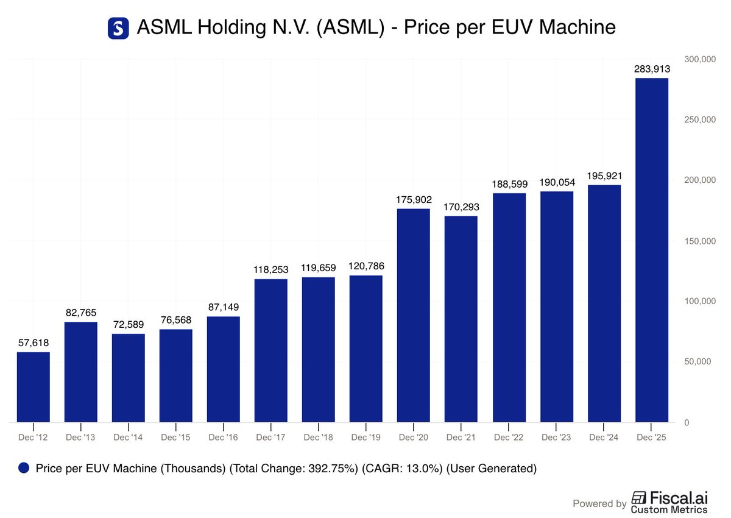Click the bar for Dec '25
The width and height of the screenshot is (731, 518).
click(652, 250)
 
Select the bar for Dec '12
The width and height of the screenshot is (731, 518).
click(34, 387)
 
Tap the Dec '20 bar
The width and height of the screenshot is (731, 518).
click(414, 315)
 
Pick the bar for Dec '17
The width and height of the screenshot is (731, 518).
click(271, 350)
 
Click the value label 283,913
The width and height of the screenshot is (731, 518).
click(652, 69)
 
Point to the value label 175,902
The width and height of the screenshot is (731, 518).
click(414, 199)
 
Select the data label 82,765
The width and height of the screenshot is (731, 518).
click(81, 313)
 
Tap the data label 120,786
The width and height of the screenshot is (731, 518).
click(366, 266)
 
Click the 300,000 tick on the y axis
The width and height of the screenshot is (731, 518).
click(700, 59)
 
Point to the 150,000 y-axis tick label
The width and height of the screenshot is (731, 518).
click(700, 241)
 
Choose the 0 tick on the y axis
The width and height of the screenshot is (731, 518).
click(687, 423)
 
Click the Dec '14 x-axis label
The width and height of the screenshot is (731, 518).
click(128, 438)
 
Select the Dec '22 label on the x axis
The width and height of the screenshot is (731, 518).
click(509, 438)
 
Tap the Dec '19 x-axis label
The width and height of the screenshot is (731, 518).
click(366, 438)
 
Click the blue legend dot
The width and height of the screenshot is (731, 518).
click(24, 468)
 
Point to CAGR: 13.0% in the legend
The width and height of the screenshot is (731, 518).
click(402, 469)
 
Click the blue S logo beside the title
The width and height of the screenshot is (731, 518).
click(118, 28)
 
